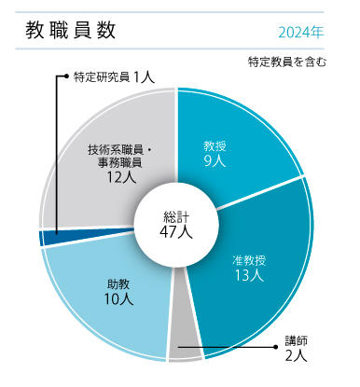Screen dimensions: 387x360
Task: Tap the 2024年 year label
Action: (x=301, y=32)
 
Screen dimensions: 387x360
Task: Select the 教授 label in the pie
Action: (x=215, y=145)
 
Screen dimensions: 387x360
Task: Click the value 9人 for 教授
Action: (x=215, y=161)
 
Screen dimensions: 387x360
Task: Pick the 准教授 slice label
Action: (x=251, y=260)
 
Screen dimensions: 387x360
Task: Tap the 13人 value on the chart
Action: (x=251, y=276)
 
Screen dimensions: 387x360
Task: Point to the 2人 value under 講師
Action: (x=296, y=355)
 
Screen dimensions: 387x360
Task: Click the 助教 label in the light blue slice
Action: (x=118, y=283)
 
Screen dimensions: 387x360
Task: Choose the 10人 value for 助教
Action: (x=118, y=299)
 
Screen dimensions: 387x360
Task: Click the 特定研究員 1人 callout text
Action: (x=114, y=77)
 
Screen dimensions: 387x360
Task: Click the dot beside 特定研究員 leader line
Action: (x=63, y=77)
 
